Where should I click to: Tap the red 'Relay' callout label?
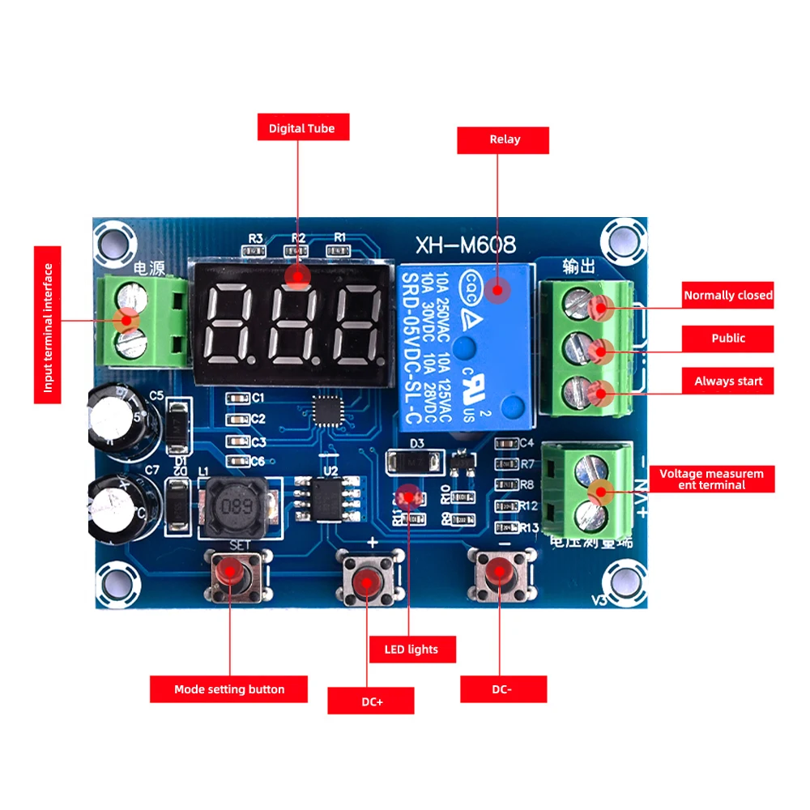point(503,139)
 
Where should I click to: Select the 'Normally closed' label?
point(727,296)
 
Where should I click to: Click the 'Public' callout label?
point(727,339)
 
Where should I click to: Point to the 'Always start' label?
point(727,382)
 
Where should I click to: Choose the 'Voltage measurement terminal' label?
point(711,479)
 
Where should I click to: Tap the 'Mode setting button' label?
point(229,689)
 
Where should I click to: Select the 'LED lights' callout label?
point(412,649)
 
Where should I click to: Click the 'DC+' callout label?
point(370,701)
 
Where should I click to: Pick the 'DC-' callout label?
point(503,689)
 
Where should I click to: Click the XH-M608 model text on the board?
point(465,244)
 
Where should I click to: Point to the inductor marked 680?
point(234,507)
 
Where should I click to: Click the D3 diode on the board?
point(415,462)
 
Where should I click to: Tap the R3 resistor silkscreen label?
point(256,238)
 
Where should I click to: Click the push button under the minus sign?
point(501,574)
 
